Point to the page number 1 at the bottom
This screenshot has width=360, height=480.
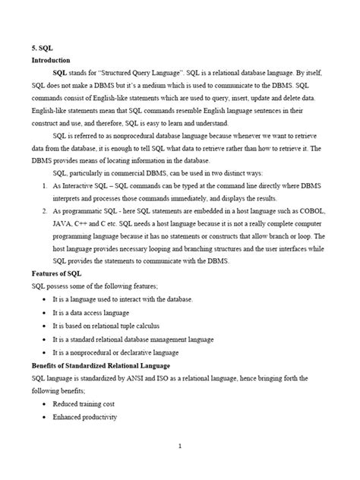[x=179, y=447]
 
